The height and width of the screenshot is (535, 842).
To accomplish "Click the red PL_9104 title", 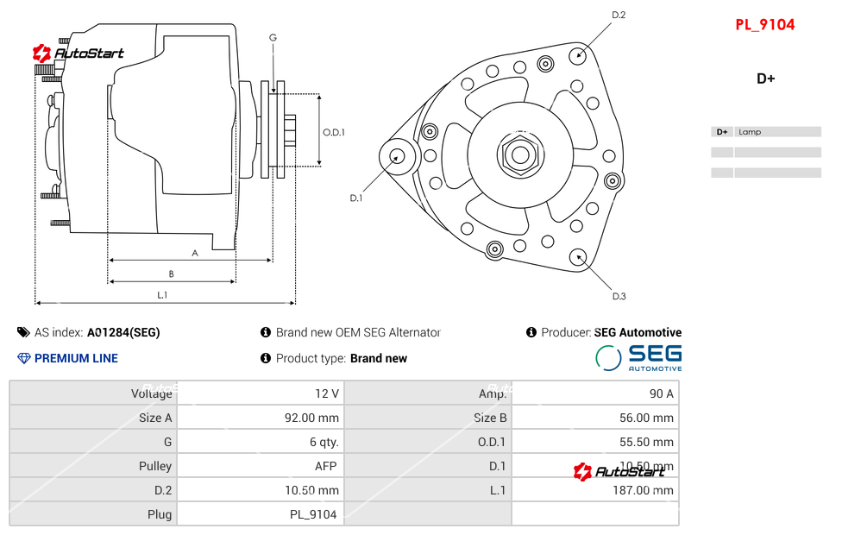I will [764, 25].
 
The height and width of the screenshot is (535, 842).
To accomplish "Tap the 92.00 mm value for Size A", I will [311, 418].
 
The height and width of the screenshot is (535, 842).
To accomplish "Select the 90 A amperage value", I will [661, 393].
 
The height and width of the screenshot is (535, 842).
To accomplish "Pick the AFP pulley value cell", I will [325, 466].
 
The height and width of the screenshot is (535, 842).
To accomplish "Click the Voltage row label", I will [151, 393].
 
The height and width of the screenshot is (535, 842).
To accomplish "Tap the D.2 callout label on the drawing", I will [619, 15].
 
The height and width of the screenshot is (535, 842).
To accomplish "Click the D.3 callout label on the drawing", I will [619, 296].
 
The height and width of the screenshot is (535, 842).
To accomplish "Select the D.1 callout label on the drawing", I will [355, 198].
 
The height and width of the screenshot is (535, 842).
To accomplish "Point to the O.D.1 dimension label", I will [334, 132].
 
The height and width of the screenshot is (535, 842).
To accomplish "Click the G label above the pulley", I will [273, 37].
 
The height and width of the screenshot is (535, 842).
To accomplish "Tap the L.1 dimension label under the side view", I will [161, 295].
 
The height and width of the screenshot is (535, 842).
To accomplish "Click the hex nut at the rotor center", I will [519, 155].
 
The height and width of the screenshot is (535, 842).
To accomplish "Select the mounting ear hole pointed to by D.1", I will [398, 156].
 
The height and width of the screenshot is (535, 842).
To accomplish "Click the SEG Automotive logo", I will [638, 358].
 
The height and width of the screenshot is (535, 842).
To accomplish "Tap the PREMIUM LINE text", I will [76, 358].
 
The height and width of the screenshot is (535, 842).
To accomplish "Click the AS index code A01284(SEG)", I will [123, 332].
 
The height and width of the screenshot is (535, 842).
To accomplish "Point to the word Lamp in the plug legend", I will [750, 132].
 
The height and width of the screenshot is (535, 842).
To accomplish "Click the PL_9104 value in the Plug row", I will [312, 514].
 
